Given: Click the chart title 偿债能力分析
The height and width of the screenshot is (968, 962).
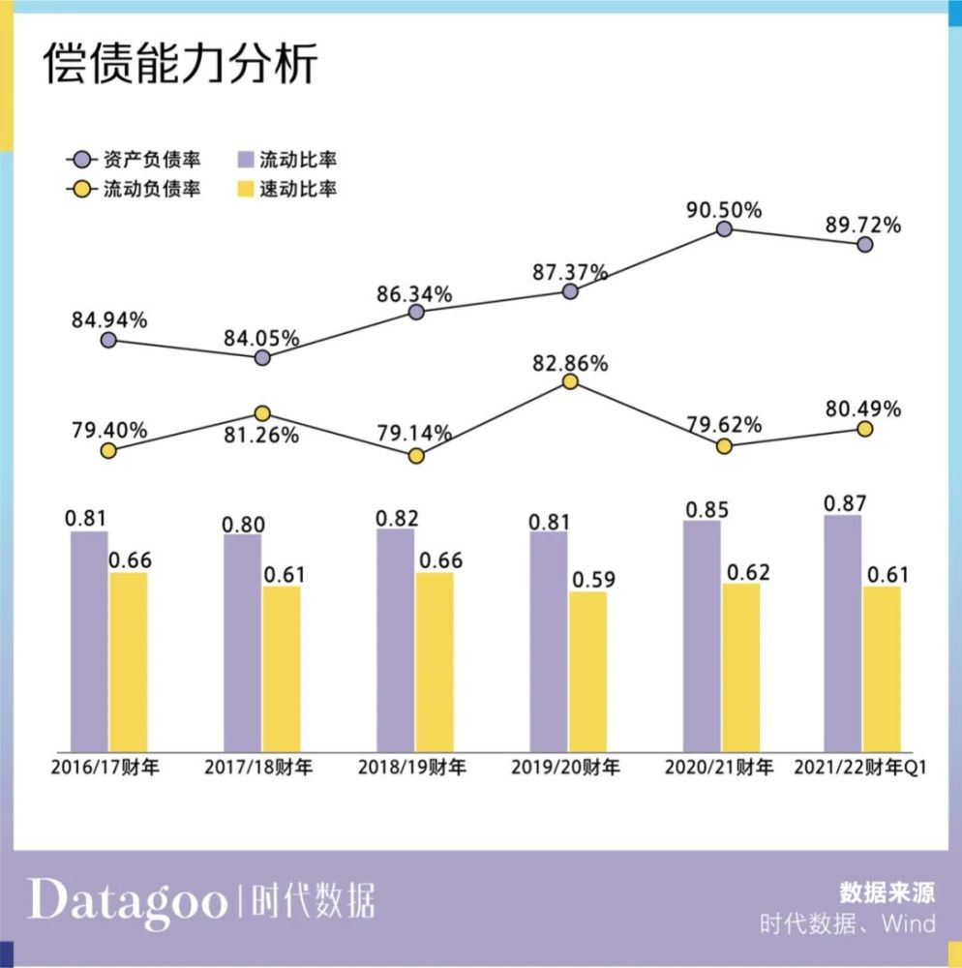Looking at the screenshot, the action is point(180,63).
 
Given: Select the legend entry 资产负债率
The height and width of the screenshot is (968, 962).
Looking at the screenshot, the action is point(134,160).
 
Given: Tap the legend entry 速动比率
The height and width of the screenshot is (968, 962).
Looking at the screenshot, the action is point(287,189).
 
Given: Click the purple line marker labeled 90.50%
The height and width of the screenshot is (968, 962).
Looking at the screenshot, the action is point(724,229).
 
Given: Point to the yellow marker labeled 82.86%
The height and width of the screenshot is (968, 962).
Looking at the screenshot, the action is point(570,381).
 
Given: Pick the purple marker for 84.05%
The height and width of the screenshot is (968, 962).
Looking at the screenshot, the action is point(262,357).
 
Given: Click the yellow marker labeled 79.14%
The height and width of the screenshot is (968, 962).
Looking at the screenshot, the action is point(416,456).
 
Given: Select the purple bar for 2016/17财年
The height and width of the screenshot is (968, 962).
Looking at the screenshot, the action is point(89,642).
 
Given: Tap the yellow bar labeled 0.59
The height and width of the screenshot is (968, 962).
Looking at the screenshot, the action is point(588,672).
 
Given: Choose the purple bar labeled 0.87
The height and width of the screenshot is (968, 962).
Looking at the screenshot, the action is point(842,633).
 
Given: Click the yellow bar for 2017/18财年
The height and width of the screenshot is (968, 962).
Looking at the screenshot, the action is point(282,669).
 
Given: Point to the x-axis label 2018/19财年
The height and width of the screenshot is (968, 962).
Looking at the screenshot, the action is point(412,768).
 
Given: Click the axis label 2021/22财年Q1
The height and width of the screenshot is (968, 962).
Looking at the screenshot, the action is point(860,768).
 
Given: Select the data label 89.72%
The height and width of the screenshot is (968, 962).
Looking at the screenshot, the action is point(863,226).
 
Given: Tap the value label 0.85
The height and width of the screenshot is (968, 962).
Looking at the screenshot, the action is point(707,510).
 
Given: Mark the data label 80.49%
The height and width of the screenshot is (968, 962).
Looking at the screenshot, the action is point(863,408).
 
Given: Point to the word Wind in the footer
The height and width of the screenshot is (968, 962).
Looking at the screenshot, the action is point(909,923).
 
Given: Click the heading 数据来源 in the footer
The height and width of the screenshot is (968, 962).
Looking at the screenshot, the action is point(887,892).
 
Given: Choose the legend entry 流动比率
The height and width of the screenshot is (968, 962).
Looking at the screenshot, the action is point(287,160).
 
